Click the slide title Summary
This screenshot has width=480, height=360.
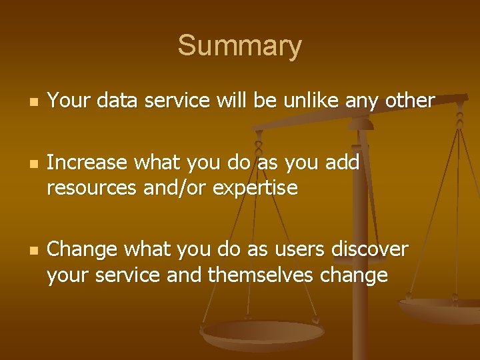[239, 47]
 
